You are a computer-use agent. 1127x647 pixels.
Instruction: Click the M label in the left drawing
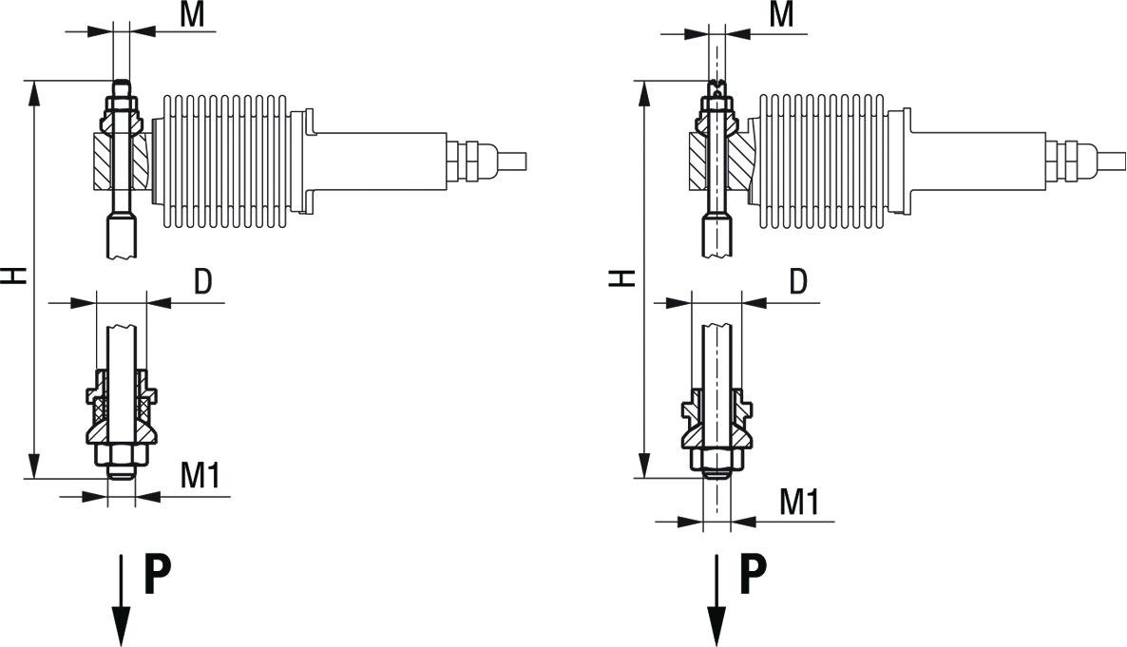pyautogui.click(x=192, y=14)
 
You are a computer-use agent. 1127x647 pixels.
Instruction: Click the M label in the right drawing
pyautogui.click(x=782, y=14)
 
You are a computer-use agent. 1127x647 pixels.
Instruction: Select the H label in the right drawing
pyautogui.click(x=622, y=277)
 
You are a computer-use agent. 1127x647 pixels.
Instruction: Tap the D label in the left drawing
pyautogui.click(x=203, y=282)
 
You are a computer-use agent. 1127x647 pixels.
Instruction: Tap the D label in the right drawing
pyautogui.click(x=798, y=282)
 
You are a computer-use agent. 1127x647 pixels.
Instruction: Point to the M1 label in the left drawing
pyautogui.click(x=200, y=475)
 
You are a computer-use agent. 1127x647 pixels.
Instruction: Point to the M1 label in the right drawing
pyautogui.click(x=799, y=503)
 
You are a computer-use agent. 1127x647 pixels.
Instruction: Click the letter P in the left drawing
pyautogui.click(x=158, y=574)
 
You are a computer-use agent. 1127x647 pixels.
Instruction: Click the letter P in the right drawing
pyautogui.click(x=753, y=574)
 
